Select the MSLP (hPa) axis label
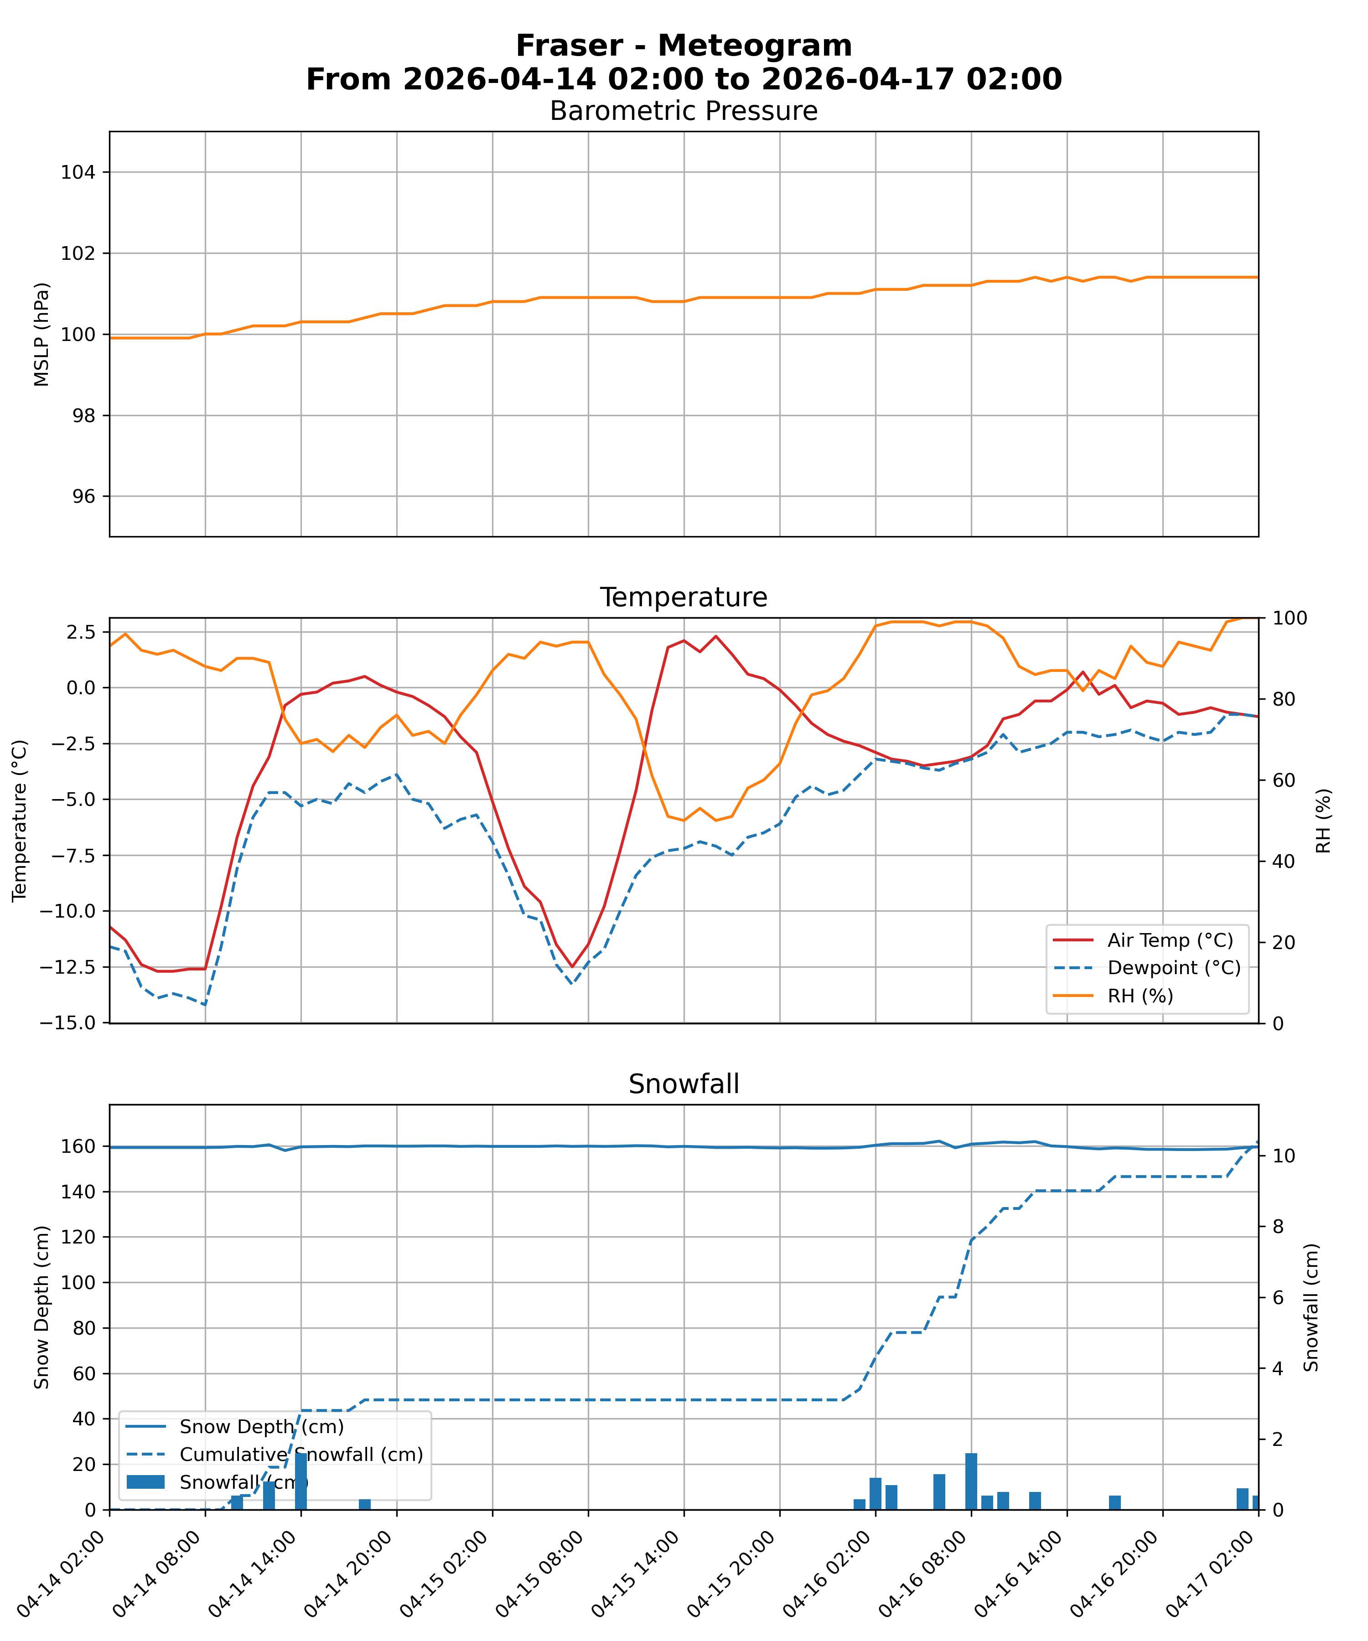coord(42,335)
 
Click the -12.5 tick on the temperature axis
coord(67,967)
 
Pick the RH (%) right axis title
coord(1323,820)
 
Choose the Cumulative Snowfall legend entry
coord(301,1454)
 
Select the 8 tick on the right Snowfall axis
coord(1276,1226)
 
